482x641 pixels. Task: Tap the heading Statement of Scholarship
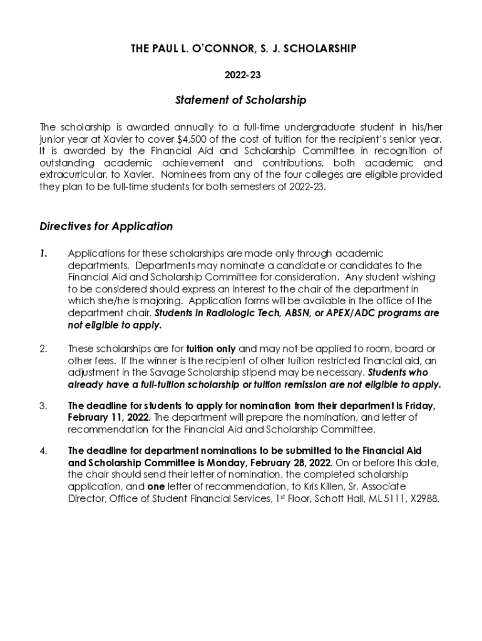click(242, 100)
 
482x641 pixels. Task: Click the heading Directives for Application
click(106, 226)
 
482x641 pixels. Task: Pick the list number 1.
click(43, 253)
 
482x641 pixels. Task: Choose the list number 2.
click(43, 349)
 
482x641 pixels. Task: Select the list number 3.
click(43, 406)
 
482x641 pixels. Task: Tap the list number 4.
click(43, 451)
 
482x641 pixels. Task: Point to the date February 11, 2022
click(108, 418)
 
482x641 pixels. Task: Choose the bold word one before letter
click(156, 486)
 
